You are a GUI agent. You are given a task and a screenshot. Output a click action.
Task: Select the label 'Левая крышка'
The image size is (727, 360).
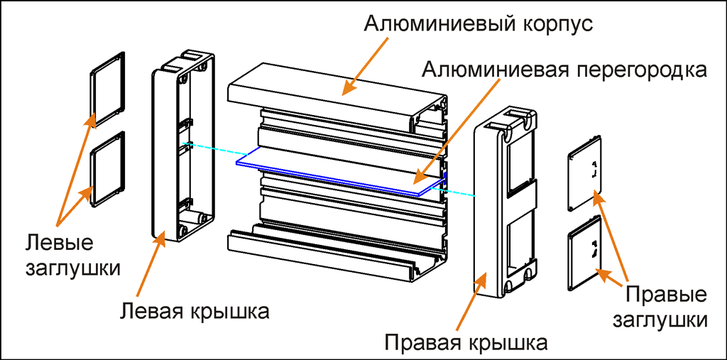[195, 310]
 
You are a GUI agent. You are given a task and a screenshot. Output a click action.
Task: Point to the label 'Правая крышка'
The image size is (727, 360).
[466, 343]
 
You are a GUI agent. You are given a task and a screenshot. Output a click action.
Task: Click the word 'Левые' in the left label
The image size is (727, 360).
[60, 242]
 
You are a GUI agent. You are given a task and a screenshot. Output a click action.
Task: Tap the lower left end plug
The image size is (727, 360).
[108, 168]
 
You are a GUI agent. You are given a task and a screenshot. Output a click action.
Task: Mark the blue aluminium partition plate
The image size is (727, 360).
[334, 173]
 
